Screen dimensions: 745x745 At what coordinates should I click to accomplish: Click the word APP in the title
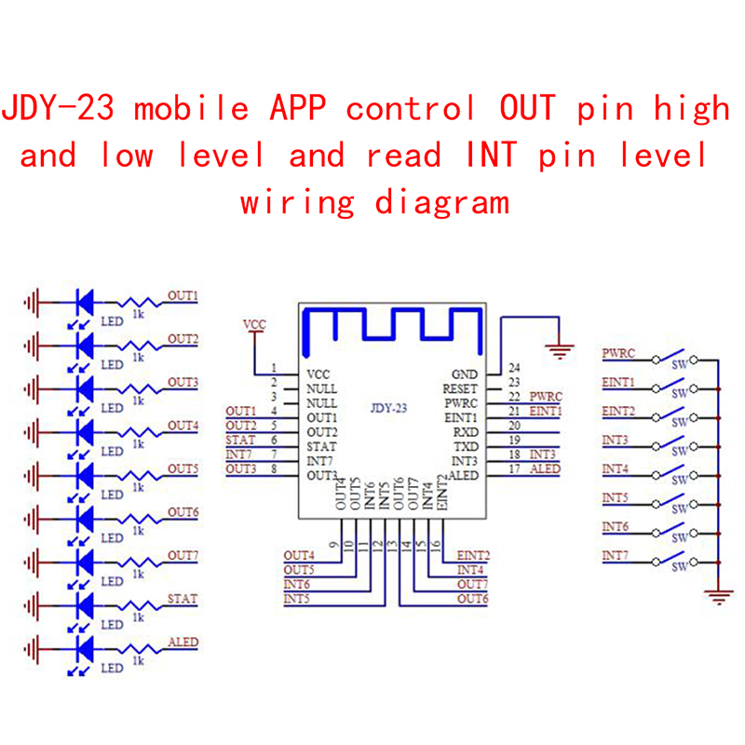click(303, 109)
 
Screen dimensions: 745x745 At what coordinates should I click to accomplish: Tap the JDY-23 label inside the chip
click(388, 407)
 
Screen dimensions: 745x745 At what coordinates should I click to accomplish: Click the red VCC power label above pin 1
click(254, 324)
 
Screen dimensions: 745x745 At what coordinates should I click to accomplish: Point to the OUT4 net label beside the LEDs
click(183, 426)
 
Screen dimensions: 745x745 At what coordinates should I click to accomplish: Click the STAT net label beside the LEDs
click(183, 598)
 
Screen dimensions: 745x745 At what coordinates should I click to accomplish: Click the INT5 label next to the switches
click(616, 498)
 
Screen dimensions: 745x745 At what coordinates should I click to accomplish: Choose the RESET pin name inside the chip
click(460, 388)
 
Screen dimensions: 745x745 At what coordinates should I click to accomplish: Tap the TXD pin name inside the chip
click(465, 447)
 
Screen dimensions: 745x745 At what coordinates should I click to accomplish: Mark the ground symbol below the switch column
click(718, 596)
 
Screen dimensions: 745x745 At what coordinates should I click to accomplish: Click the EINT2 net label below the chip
click(473, 555)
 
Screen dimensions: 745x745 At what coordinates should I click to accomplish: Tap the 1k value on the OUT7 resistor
click(138, 575)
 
